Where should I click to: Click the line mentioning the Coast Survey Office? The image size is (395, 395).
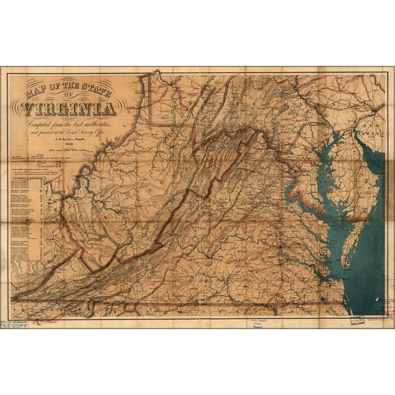click(70, 135)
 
